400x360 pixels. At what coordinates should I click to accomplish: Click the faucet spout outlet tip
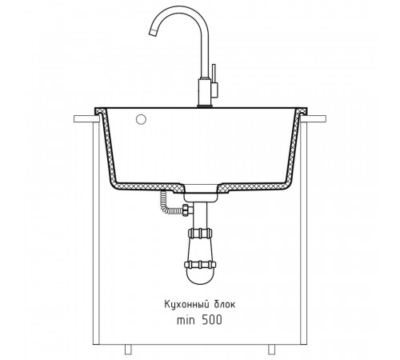[x=152, y=33]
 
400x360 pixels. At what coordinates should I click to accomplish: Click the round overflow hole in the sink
[x=141, y=119]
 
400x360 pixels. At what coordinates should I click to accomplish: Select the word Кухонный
[x=186, y=304]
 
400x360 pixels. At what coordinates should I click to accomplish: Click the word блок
[x=225, y=304]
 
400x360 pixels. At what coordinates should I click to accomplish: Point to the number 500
[x=212, y=320]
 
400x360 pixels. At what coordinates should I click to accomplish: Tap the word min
[x=186, y=320]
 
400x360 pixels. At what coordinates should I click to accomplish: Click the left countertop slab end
[x=85, y=119]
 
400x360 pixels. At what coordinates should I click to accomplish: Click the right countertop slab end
[x=314, y=119]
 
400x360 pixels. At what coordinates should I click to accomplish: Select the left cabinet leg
[x=128, y=349]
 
